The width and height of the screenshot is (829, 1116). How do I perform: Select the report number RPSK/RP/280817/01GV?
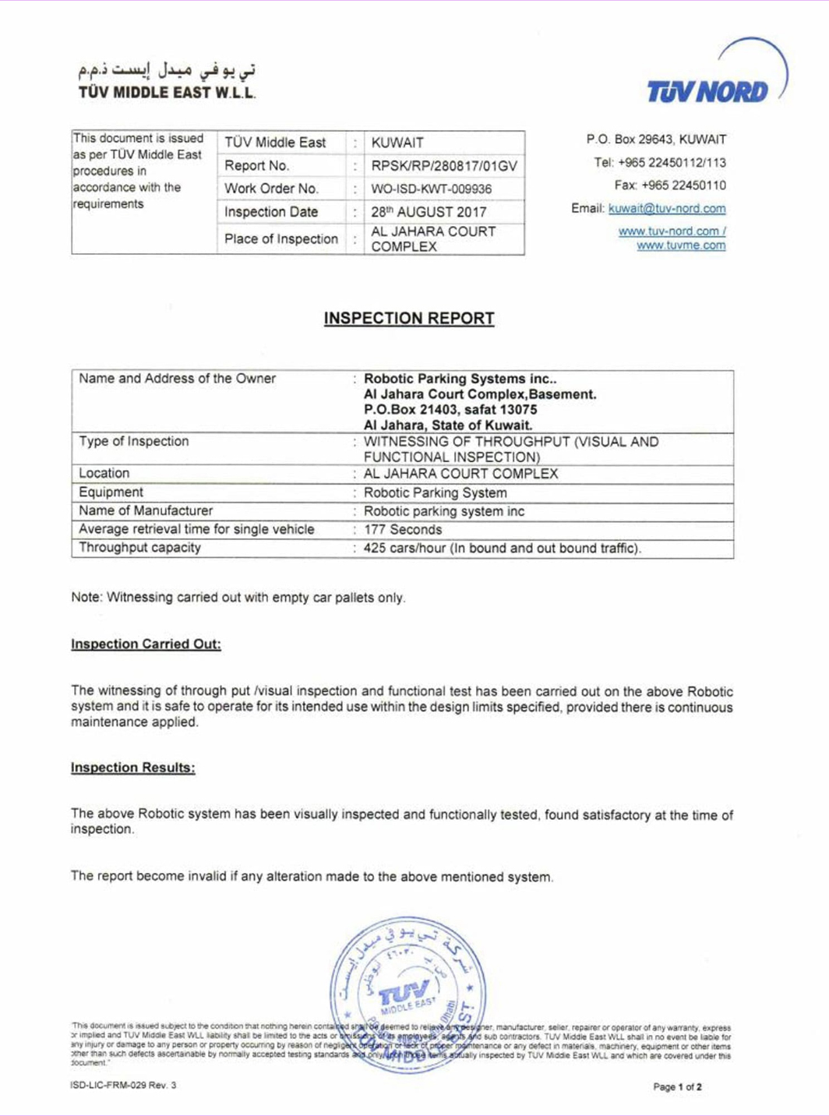click(x=443, y=166)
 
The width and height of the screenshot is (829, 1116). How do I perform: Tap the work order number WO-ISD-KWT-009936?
click(x=431, y=189)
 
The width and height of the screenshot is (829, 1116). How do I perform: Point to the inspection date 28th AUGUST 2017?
click(x=429, y=212)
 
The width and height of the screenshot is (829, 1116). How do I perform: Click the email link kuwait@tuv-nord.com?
click(x=667, y=209)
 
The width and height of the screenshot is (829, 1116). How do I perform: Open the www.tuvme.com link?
click(x=680, y=245)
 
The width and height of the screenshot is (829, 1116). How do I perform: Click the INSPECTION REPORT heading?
click(x=409, y=319)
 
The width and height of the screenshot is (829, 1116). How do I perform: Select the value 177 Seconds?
click(x=403, y=530)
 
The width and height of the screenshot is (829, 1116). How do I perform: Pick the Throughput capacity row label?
click(x=139, y=548)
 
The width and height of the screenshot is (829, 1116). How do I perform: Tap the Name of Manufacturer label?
click(x=146, y=510)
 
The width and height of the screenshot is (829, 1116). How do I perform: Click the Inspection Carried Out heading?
click(x=146, y=645)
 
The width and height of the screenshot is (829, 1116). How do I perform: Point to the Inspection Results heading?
click(x=132, y=768)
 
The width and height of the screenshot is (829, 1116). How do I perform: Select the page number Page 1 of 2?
click(x=677, y=1086)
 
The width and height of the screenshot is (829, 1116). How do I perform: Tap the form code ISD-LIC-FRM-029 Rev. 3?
click(x=123, y=1085)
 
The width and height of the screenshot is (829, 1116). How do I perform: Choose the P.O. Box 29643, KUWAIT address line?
click(x=656, y=139)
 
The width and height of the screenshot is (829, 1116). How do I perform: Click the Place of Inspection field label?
click(x=281, y=239)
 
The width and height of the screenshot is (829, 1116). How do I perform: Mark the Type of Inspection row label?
click(x=134, y=441)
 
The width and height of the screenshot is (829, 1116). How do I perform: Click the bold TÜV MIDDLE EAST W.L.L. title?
click(x=167, y=93)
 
